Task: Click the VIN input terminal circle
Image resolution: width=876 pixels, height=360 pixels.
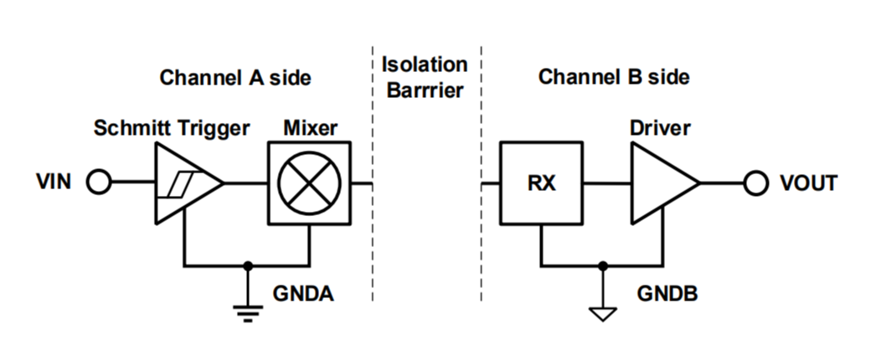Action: pos(99,183)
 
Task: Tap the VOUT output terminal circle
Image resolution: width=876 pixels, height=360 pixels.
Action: pos(756,183)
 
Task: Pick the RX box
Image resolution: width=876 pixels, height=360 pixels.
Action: pos(542,183)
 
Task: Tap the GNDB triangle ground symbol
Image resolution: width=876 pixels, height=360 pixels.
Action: pos(603,313)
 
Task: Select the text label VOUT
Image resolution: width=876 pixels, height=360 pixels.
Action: pos(808,183)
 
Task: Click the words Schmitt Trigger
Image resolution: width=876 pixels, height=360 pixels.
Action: pos(172,129)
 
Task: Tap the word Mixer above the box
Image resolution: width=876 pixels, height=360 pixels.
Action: pos(310,129)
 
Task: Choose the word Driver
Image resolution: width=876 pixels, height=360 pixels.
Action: pos(660,129)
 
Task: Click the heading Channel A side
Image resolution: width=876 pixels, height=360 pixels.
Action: pos(235,78)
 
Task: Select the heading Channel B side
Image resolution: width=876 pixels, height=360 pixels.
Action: pos(614,78)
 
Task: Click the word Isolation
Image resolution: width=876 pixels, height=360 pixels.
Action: pos(424,64)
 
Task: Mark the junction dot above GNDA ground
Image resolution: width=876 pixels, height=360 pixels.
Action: pos(247,266)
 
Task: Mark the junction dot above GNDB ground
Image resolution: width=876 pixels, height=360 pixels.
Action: pos(603,266)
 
